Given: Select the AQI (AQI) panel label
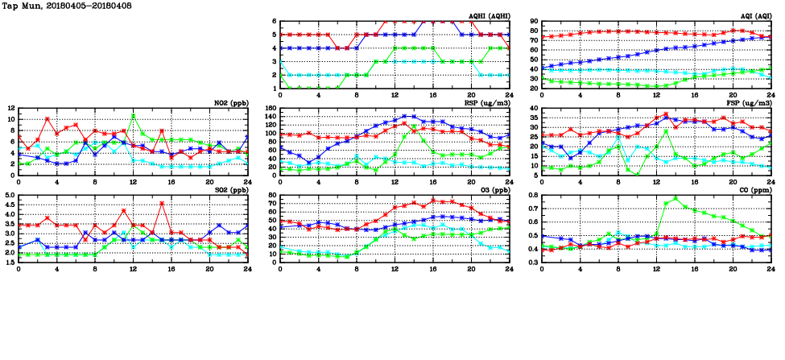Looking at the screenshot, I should pos(755,15).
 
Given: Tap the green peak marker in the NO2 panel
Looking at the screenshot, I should pos(134,116).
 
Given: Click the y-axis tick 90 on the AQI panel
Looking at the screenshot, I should pos(534,22).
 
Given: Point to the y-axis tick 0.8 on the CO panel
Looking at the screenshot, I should pos(532,195).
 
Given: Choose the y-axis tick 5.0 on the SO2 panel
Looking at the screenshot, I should pos(9,195).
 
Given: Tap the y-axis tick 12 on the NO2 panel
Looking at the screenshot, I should pos(10,108).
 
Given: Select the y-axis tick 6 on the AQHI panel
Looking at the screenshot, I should pos(275,22).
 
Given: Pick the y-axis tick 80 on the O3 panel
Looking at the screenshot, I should pos(272,195).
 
